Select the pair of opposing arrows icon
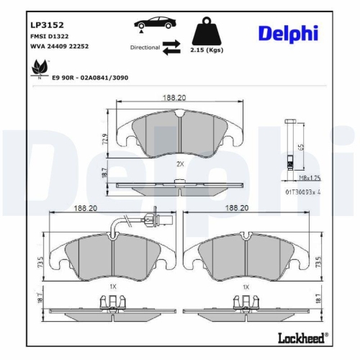(x=171, y=47)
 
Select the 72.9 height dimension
(x=104, y=138)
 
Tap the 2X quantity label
(x=181, y=163)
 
